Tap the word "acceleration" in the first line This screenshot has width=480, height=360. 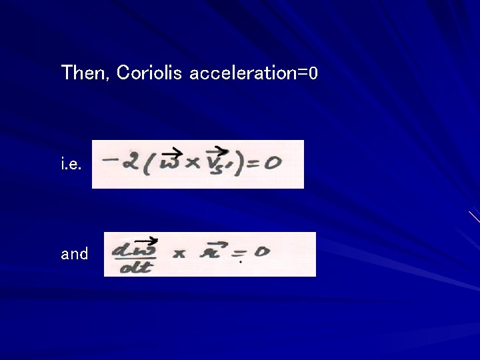[243, 73]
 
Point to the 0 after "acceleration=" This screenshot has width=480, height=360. [313, 73]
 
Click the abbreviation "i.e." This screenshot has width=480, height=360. [71, 165]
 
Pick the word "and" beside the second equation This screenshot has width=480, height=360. [75, 254]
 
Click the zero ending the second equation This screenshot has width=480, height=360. [262, 252]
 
